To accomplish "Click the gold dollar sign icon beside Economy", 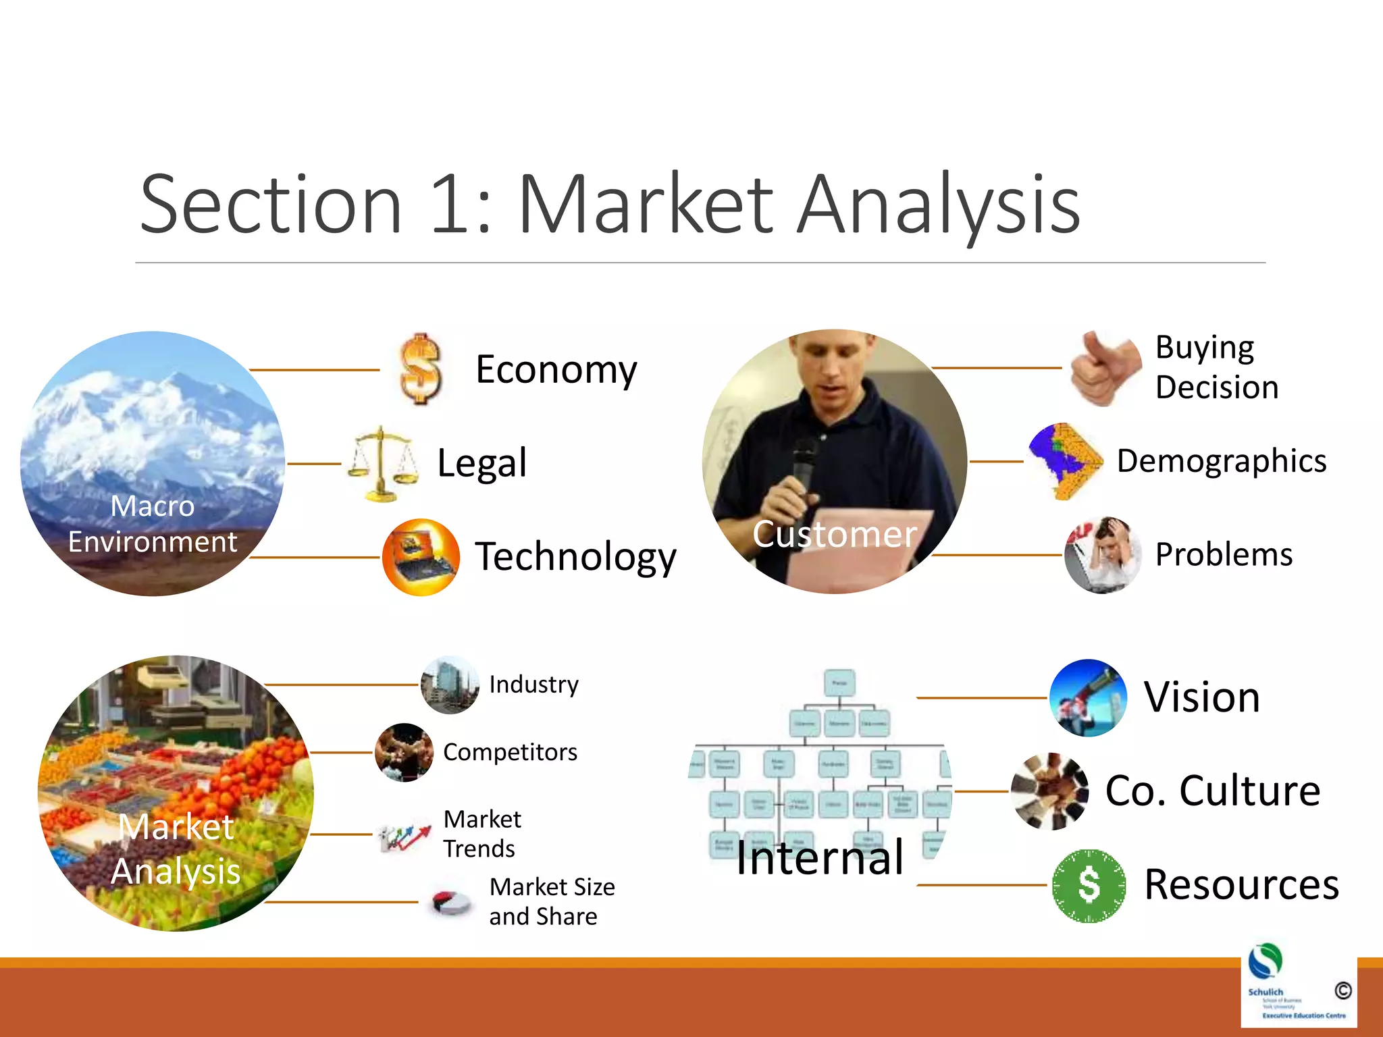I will tap(420, 369).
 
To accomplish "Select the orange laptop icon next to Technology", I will tap(421, 557).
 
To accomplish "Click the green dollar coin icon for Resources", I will tap(1089, 886).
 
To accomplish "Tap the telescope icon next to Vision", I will tap(1088, 697).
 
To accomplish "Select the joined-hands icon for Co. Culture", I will tap(1049, 791).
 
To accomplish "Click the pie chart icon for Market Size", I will tap(451, 902).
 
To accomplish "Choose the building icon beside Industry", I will tap(450, 685).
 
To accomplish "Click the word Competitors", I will tap(510, 752).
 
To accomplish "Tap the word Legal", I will tap(481, 463).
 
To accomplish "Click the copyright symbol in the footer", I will tap(1342, 990).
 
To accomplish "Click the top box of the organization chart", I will tap(839, 683).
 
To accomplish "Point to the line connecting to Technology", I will tap(315, 558).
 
